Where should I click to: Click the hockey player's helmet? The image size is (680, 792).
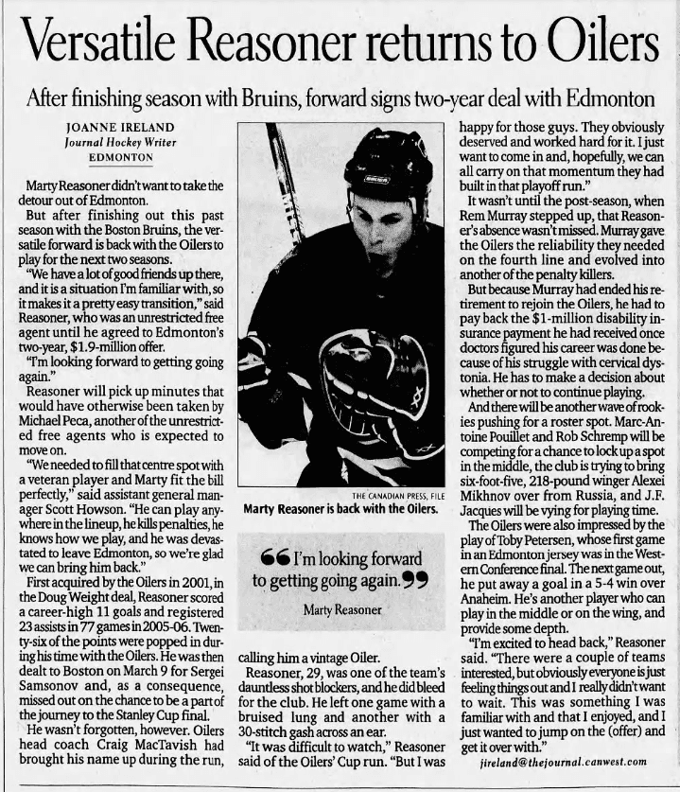tap(387, 166)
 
